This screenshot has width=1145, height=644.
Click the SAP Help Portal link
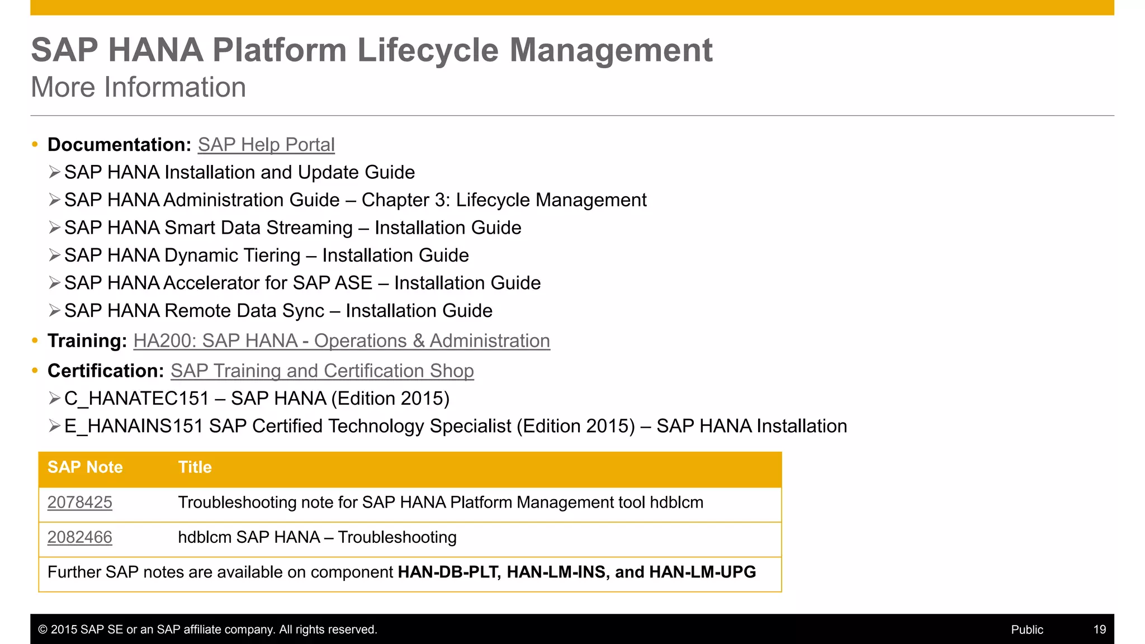pos(266,145)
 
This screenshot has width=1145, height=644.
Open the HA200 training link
pos(342,341)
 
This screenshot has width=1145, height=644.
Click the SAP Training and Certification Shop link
pos(322,371)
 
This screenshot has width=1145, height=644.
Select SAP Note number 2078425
pos(80,503)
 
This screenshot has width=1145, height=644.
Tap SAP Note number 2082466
pos(80,537)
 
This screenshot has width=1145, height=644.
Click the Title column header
pos(195,467)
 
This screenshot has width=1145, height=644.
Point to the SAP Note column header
pos(85,467)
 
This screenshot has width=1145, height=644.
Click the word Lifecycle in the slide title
pos(427,50)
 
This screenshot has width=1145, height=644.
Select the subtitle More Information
pos(138,87)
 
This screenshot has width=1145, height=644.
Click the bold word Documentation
pos(119,145)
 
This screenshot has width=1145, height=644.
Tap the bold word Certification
pos(105,371)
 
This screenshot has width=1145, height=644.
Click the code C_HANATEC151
pos(136,399)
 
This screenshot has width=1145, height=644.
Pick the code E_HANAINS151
pos(134,427)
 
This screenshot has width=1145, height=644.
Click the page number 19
pos(1099,629)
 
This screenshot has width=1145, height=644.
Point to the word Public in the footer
pos(1026,629)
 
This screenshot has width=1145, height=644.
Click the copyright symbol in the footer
pos(42,629)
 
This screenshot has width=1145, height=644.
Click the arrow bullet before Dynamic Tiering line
pos(54,255)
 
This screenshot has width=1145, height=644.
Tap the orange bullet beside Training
pos(35,340)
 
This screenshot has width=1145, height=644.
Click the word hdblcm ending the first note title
pos(676,503)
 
